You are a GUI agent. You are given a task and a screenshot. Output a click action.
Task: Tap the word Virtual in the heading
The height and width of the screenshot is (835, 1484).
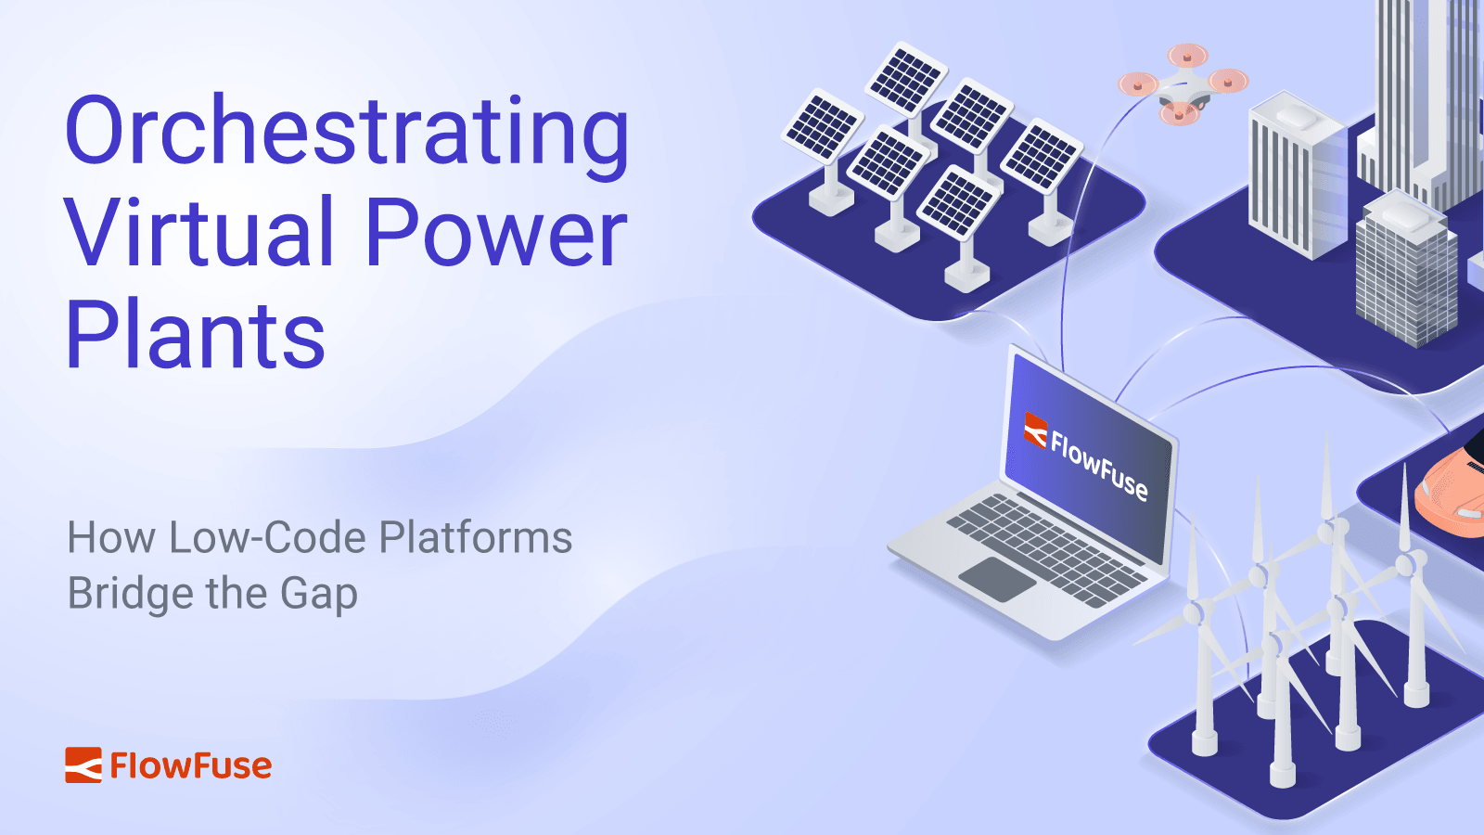pos(198,234)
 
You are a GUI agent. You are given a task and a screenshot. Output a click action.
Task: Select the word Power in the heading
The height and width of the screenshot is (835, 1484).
pos(496,234)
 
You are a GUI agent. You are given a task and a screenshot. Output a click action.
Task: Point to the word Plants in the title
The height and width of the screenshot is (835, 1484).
pos(196,336)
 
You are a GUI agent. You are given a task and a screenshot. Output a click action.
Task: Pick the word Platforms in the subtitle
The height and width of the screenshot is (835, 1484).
pos(476,538)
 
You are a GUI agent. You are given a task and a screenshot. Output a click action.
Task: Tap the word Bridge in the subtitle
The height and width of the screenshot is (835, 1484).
pos(118,594)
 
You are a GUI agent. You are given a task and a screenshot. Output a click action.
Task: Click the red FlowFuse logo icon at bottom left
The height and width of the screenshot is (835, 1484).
pos(83,765)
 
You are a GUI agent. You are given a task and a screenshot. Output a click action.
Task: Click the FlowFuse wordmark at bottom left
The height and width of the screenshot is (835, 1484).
pos(190,766)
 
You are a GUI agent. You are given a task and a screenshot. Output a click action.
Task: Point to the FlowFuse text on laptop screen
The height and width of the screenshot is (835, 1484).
pos(1099,465)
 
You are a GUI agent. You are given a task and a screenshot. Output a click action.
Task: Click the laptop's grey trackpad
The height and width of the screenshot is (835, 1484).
pos(997,579)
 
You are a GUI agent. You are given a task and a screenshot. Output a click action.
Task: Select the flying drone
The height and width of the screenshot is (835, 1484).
pos(1183,83)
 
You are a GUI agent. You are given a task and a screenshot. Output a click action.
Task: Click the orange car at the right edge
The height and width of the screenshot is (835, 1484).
pos(1452,492)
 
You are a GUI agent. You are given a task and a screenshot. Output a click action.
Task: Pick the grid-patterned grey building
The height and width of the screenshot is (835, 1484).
pos(1405,274)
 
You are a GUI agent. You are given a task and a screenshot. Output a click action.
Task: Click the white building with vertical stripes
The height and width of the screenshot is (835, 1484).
pos(1294,176)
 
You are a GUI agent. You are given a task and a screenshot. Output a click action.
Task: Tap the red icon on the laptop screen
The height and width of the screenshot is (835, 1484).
pos(1035,430)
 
